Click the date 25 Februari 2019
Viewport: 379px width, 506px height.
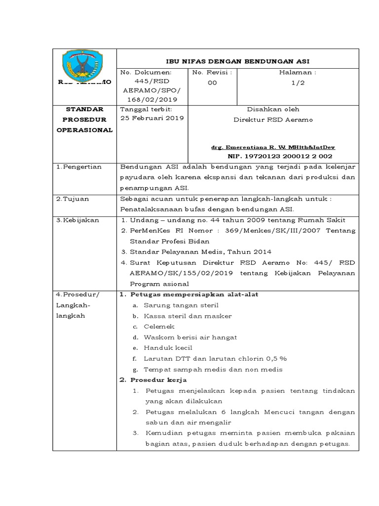coord(152,118)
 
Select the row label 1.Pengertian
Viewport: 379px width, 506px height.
coord(78,167)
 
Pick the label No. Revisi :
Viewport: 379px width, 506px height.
coord(212,72)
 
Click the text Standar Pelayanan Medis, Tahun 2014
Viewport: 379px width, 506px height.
coord(189,252)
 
